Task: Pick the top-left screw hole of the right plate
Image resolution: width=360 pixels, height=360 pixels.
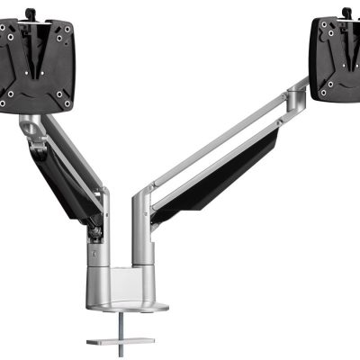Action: pyautogui.click(x=319, y=28)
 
